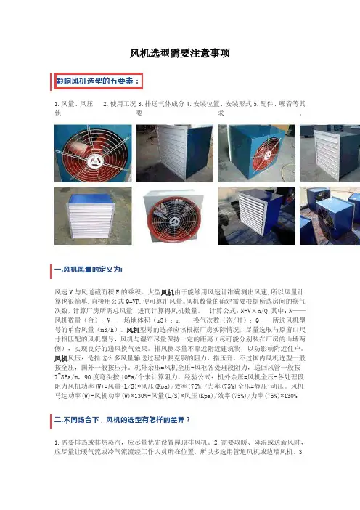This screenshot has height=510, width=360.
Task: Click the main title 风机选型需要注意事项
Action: tap(180, 53)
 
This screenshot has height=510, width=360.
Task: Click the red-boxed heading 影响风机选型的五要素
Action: tap(98, 81)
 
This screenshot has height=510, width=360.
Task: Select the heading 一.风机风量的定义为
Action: tap(89, 270)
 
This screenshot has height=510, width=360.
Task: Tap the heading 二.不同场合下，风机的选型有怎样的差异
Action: tap(122, 420)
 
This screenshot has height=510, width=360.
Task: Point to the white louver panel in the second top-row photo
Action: tap(171, 153)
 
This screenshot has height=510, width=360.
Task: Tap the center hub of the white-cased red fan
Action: tap(173, 221)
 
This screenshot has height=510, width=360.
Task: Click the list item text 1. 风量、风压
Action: tap(74, 104)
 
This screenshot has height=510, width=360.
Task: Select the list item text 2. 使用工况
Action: tap(119, 104)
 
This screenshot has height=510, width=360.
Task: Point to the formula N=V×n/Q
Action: tap(254, 311)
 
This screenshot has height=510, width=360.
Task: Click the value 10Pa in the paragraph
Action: tap(128, 377)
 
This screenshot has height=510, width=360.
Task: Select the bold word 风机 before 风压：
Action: tap(61, 358)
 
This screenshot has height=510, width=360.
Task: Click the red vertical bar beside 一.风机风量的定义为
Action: tap(51, 271)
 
